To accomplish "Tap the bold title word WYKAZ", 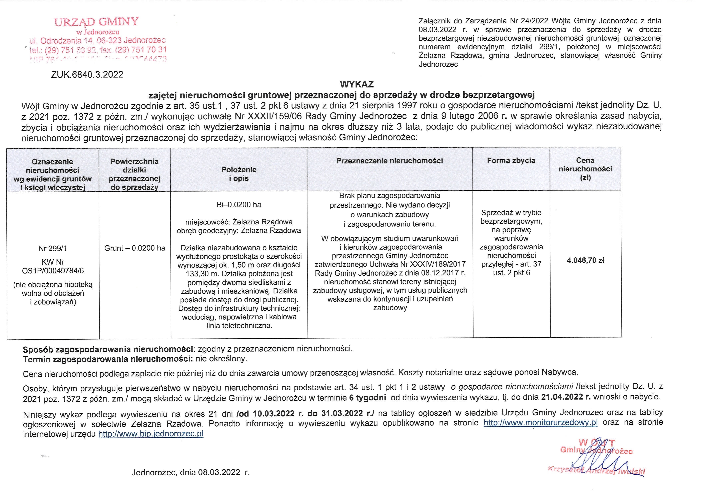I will [x=357, y=84].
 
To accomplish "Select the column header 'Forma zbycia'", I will [x=511, y=161].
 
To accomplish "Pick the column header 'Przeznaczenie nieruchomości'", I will [x=390, y=161].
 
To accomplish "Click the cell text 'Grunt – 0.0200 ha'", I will [x=135, y=248].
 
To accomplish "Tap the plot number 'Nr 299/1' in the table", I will [x=53, y=249].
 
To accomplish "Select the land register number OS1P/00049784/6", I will [x=53, y=271].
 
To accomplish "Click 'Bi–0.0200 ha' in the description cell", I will [x=239, y=205].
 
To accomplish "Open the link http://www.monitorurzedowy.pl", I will [x=541, y=423].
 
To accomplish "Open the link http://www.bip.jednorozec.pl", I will [x=151, y=434].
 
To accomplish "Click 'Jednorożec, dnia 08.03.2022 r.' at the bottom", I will [x=191, y=472].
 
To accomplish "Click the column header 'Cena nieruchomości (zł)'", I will [x=585, y=169].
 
